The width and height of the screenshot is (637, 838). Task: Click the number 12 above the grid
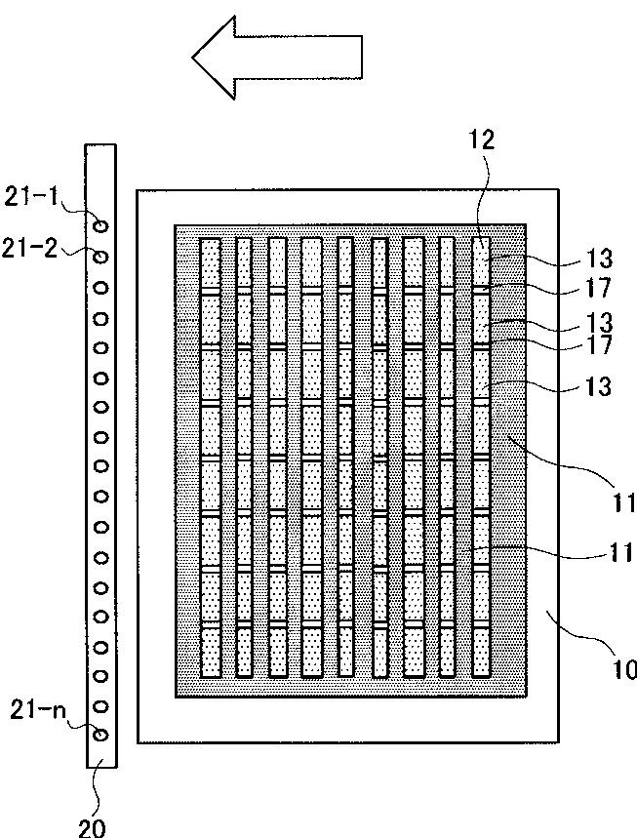click(482, 140)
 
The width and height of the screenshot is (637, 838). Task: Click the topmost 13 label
click(601, 259)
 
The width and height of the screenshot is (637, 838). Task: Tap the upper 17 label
click(601, 288)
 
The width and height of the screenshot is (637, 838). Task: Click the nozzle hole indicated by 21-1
click(100, 226)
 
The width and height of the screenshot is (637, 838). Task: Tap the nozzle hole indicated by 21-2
click(100, 257)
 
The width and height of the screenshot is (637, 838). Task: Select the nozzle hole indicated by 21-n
click(100, 735)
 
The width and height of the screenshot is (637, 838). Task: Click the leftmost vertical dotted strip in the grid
click(212, 458)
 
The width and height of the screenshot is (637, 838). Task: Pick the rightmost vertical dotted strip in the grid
click(481, 458)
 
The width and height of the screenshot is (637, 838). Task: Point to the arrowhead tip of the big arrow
click(194, 58)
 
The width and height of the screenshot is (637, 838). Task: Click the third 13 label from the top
click(601, 386)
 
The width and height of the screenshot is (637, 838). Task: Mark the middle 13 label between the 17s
click(601, 321)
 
